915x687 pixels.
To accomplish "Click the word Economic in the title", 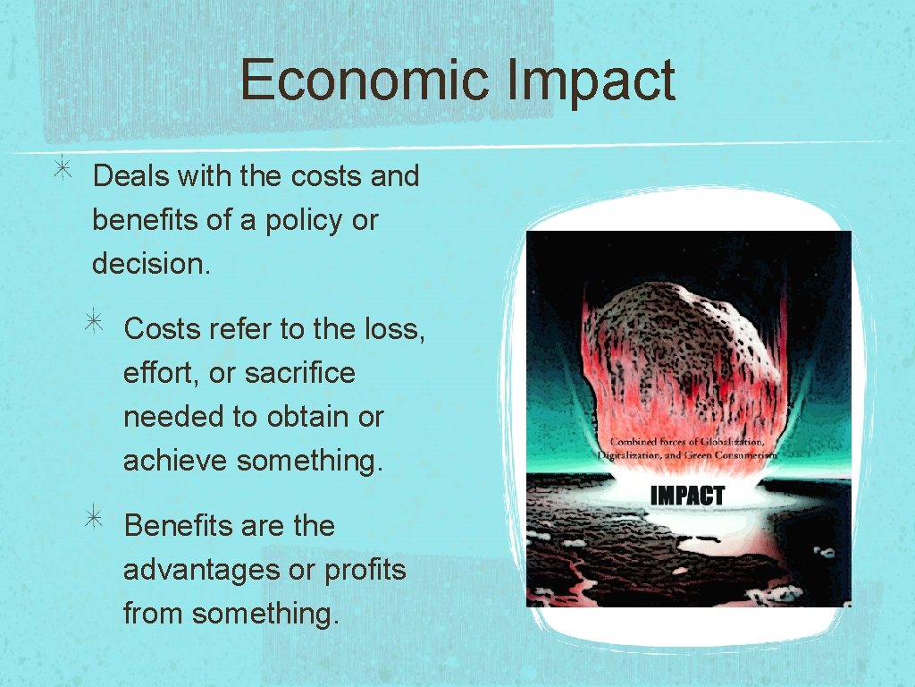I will (x=365, y=80).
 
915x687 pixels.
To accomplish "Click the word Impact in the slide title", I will (x=590, y=80).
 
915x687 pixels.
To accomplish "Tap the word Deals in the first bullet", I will (x=131, y=176).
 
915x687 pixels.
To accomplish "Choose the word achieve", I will (x=176, y=461).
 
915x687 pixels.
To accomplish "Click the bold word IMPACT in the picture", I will (x=687, y=496).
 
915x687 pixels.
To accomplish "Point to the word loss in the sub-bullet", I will (x=395, y=329).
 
